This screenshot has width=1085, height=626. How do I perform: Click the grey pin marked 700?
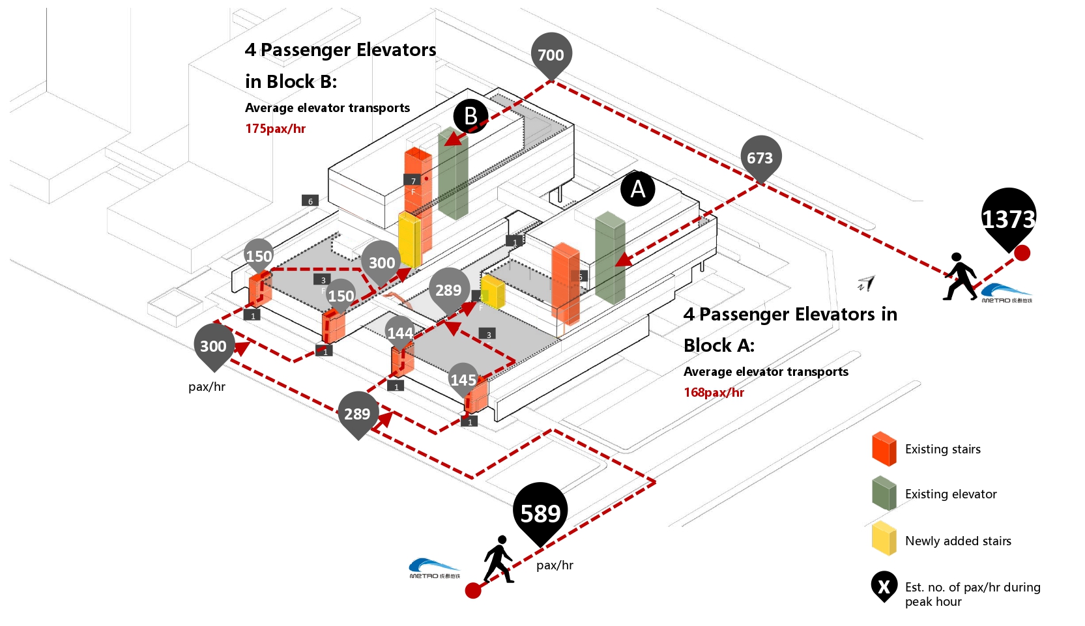[551, 55]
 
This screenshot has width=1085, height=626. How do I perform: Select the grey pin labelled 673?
[760, 158]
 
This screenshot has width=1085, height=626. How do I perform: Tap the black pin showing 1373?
[1008, 218]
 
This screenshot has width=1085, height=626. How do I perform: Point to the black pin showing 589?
[540, 513]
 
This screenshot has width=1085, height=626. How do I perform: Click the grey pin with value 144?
[400, 332]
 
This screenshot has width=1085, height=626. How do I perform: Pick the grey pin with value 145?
[463, 379]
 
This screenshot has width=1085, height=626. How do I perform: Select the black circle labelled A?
[638, 189]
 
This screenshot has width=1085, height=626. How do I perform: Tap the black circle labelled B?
[470, 116]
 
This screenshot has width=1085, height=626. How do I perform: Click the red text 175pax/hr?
[275, 128]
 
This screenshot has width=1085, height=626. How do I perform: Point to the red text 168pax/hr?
[714, 392]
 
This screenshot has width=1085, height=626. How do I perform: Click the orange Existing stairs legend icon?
[884, 449]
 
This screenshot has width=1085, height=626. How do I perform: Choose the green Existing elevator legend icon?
[884, 493]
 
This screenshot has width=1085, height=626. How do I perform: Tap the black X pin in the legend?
[884, 586]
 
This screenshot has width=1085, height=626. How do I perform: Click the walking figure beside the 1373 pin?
[959, 277]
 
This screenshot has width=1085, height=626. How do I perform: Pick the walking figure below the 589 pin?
[499, 559]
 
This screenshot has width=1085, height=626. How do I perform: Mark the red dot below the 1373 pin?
[1022, 253]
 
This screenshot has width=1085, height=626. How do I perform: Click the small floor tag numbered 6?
[310, 201]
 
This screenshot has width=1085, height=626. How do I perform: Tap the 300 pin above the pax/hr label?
[213, 346]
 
